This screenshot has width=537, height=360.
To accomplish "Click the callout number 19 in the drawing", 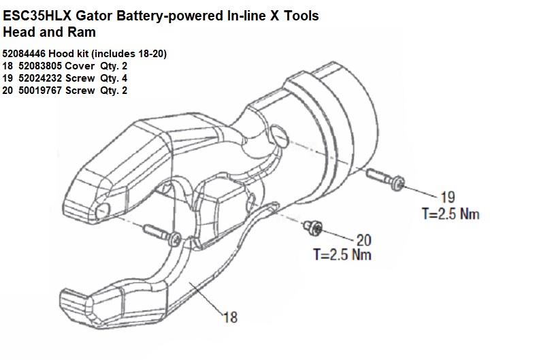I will [448, 197].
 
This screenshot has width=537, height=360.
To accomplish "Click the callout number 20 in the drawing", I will [364, 240].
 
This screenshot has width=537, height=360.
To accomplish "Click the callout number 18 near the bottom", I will [230, 316].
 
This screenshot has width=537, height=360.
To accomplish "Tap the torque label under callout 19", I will [451, 214].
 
